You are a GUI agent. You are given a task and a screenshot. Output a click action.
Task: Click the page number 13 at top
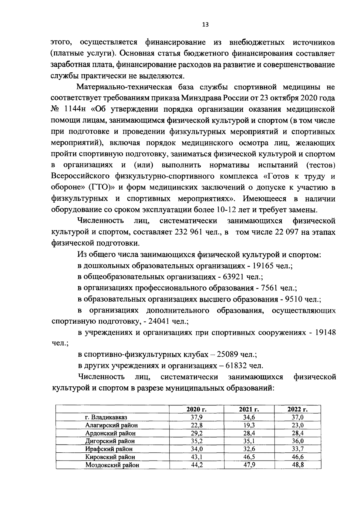tap(205, 25)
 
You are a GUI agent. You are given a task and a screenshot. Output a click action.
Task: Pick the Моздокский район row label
tap(112, 465)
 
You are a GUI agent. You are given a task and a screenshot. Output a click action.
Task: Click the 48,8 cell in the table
tap(298, 465)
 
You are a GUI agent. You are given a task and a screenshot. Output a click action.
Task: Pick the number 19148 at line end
tap(325, 332)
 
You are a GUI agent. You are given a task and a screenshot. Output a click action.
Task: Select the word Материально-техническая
tap(124, 87)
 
